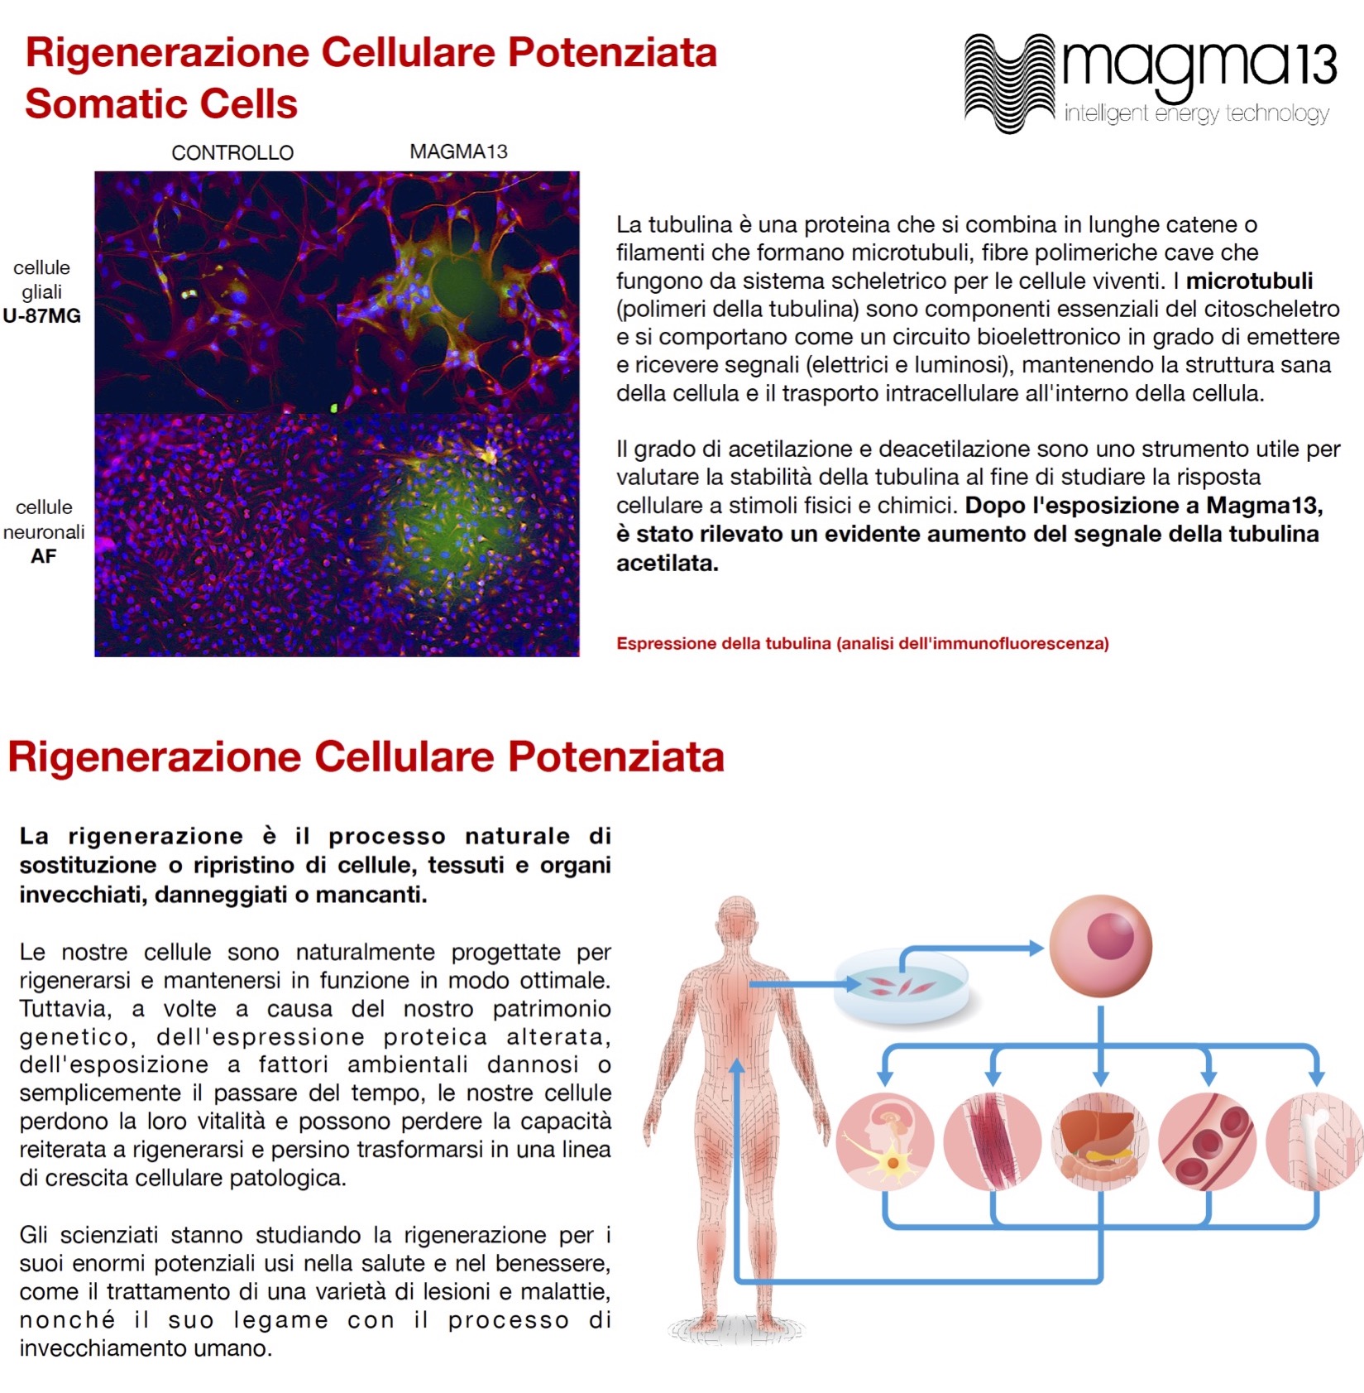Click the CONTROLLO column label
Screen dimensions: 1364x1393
click(232, 152)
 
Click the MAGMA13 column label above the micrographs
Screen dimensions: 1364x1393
click(458, 151)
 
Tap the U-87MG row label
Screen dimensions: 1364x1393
click(42, 315)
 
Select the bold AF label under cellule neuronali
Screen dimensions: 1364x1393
click(44, 556)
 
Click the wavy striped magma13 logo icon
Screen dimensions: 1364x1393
click(1010, 83)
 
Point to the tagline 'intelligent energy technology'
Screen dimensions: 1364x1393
click(1196, 113)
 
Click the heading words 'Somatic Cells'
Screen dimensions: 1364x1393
click(161, 104)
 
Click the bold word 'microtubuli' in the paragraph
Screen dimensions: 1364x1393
click(1249, 281)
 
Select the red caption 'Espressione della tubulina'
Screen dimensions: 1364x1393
click(724, 643)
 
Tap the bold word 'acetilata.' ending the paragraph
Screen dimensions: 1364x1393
click(668, 563)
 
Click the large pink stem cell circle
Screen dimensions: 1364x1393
click(1100, 946)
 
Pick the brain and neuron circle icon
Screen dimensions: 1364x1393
click(885, 1142)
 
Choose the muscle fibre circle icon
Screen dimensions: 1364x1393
click(993, 1142)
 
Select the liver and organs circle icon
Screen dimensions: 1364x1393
click(1100, 1142)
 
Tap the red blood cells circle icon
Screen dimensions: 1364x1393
click(1208, 1142)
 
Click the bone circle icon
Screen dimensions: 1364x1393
click(1315, 1142)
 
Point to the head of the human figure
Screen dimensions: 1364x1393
click(737, 923)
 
